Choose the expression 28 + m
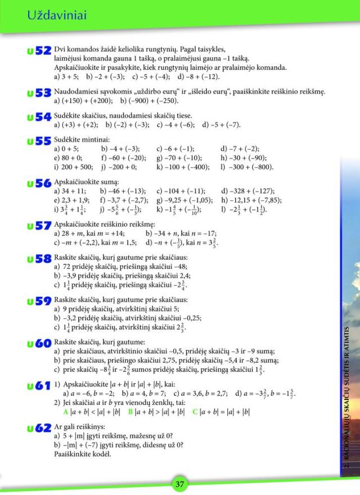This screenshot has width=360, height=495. pos(74,233)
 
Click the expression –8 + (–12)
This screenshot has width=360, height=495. pos(202,76)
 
